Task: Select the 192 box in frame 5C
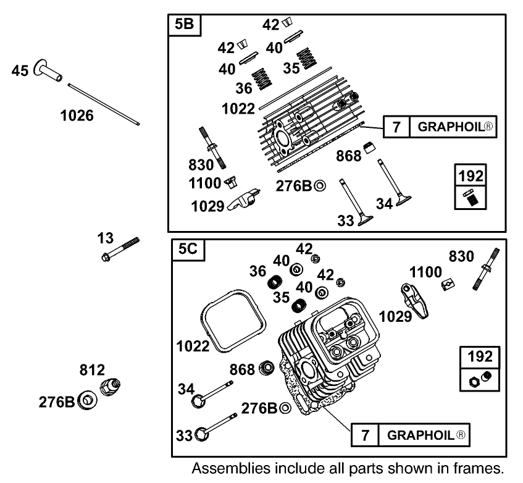coord(480,369)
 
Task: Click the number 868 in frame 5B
coord(348,157)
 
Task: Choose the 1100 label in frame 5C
coord(425,272)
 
